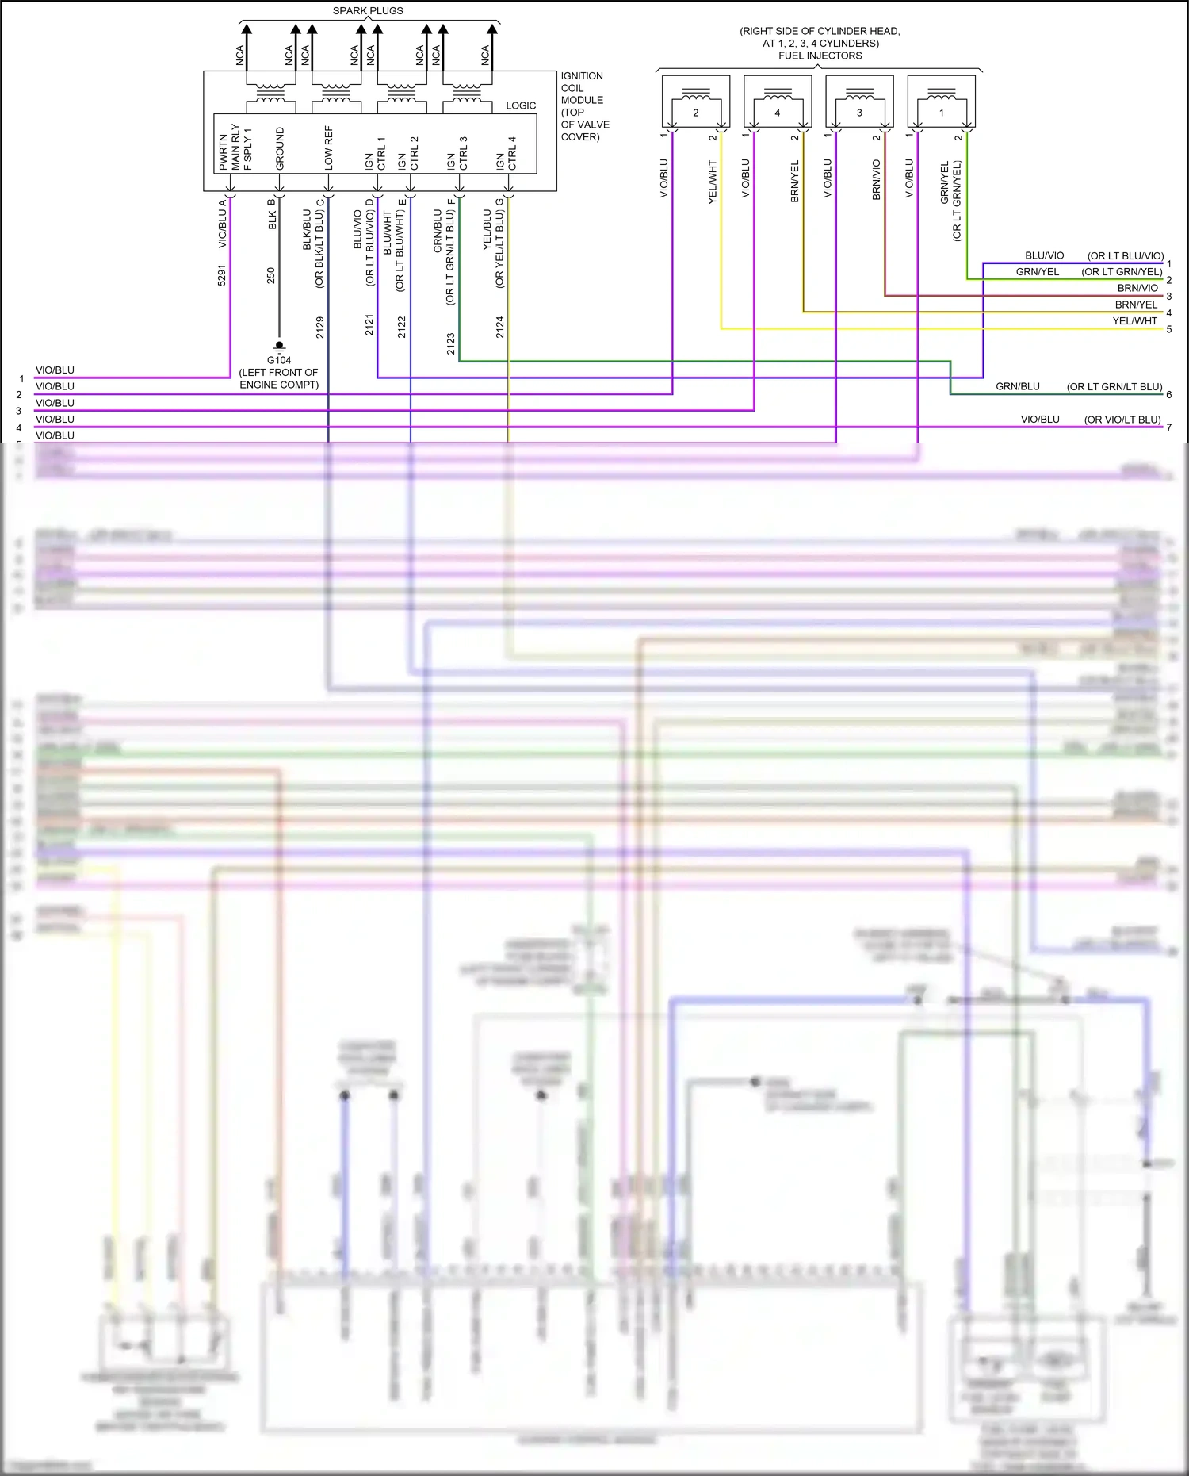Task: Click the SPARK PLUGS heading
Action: coord(368,10)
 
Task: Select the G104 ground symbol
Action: coord(279,347)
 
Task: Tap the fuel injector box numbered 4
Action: coord(777,102)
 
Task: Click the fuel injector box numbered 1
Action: coord(941,102)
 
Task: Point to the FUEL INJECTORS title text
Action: coord(820,56)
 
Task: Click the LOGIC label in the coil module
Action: coord(521,105)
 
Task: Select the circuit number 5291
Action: coord(222,275)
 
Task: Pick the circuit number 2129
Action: coord(320,327)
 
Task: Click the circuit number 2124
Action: coord(499,327)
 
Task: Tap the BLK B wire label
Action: coord(272,214)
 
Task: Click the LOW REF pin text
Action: coord(328,148)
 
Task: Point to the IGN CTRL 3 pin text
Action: coord(457,153)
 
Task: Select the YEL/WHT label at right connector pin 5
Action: coord(1134,321)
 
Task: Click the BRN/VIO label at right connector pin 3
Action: coord(1137,288)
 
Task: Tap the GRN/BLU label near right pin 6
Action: coord(1017,386)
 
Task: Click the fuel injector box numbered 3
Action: coord(859,102)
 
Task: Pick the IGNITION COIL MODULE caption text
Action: coord(584,105)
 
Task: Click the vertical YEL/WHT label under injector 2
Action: coord(712,182)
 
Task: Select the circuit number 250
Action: coord(271,275)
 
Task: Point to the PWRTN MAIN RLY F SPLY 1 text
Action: coord(235,148)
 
